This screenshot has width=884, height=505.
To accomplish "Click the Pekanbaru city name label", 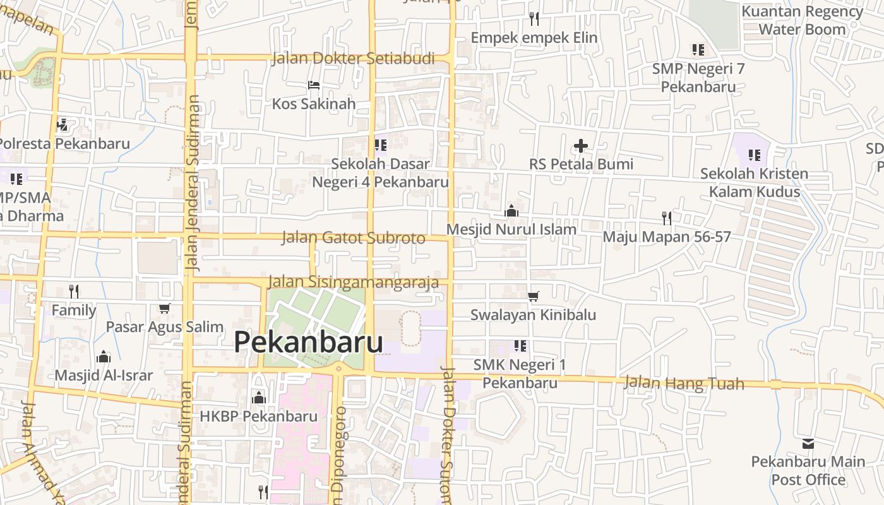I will click(x=308, y=342).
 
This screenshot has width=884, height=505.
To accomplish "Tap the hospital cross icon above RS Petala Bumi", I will click(x=581, y=146).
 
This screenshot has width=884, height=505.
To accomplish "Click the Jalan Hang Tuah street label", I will click(x=684, y=383).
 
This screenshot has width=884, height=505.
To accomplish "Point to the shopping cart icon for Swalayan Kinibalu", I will click(x=534, y=295).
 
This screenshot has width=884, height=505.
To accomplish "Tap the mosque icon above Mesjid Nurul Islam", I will click(x=511, y=210).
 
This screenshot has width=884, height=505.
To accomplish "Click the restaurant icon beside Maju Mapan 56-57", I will click(x=667, y=218).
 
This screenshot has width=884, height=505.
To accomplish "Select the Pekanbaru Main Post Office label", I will click(x=808, y=470).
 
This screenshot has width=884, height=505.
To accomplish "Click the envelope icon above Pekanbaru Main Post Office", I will click(x=808, y=443).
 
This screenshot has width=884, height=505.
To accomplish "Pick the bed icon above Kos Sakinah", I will click(x=314, y=85).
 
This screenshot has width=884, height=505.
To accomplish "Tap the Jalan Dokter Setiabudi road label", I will click(x=353, y=59).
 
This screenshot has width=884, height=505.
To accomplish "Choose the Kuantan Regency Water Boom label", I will click(x=802, y=20).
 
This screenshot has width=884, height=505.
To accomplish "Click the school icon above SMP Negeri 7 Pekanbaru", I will click(x=698, y=49).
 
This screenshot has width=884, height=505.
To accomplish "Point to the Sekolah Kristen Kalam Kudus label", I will click(x=754, y=182).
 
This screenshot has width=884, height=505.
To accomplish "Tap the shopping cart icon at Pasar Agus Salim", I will click(x=165, y=308).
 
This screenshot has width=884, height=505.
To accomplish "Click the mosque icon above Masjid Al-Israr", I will click(x=104, y=357).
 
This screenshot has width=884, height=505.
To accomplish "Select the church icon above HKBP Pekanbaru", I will click(x=259, y=398).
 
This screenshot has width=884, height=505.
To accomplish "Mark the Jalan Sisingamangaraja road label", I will click(x=353, y=282).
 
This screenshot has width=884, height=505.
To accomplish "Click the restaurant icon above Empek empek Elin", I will click(x=534, y=18).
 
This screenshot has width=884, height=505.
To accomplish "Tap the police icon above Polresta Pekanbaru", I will click(x=62, y=124).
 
